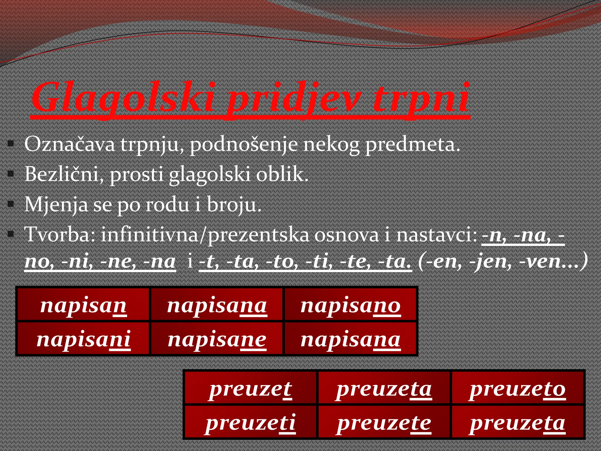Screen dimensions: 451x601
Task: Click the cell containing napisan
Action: pyautogui.click(x=83, y=305)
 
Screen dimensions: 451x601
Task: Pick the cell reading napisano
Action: pyautogui.click(x=350, y=305)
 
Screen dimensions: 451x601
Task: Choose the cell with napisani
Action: pyautogui.click(x=83, y=339)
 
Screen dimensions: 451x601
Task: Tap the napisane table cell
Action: pyautogui.click(x=217, y=339)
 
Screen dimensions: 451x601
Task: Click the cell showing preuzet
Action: pyautogui.click(x=250, y=389)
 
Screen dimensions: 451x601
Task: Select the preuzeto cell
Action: pyautogui.click(x=517, y=389)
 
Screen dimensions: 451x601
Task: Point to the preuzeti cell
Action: pyautogui.click(x=250, y=423)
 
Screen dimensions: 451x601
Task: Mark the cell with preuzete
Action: pyautogui.click(x=384, y=423)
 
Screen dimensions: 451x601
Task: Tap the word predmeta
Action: pyautogui.click(x=412, y=144)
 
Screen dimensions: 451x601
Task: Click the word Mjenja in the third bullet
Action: pyautogui.click(x=56, y=205)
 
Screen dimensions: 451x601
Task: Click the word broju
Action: pyautogui.click(x=234, y=205)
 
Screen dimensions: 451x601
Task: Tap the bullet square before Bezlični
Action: pyautogui.click(x=11, y=174)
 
